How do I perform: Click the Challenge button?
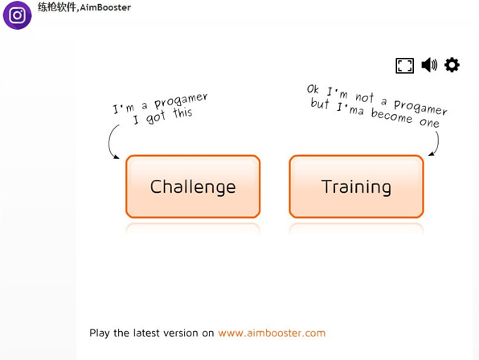193,186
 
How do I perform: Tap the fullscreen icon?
405,66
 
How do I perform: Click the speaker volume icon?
429,65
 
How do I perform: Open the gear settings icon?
452,65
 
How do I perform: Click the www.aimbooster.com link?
272,333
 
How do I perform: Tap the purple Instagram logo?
17,15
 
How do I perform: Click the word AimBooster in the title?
105,7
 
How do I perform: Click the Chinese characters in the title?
57,7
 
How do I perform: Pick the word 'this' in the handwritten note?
182,112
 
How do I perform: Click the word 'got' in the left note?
156,117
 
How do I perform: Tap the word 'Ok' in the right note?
313,89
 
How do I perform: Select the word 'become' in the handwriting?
391,116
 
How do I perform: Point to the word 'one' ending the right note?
429,123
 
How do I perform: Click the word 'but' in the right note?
320,103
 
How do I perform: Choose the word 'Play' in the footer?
100,333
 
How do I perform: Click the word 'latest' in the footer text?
146,333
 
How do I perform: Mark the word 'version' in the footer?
180,333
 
